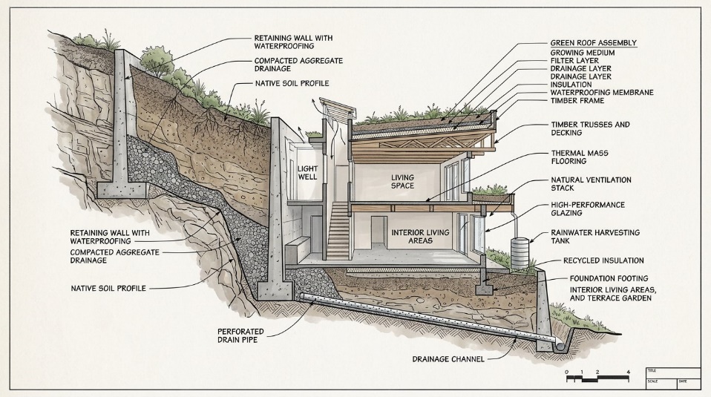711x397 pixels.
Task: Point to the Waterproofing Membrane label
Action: click(x=602, y=93)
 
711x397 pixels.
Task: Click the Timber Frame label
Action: click(x=577, y=101)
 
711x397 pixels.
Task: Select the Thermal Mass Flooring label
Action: click(x=580, y=157)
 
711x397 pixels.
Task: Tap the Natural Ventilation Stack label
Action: click(x=591, y=184)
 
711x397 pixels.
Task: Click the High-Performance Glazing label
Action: click(x=588, y=209)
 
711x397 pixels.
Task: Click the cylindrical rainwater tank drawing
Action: click(x=520, y=252)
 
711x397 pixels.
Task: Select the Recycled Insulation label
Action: click(x=603, y=261)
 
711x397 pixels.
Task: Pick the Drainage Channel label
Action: click(x=449, y=359)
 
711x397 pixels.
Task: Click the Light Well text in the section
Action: click(x=308, y=173)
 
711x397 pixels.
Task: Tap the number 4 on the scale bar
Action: click(x=629, y=371)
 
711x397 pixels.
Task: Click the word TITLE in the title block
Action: click(x=652, y=370)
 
